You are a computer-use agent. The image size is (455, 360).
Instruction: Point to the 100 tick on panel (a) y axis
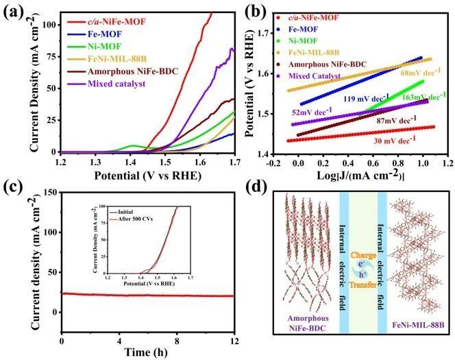[x=48, y=25]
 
